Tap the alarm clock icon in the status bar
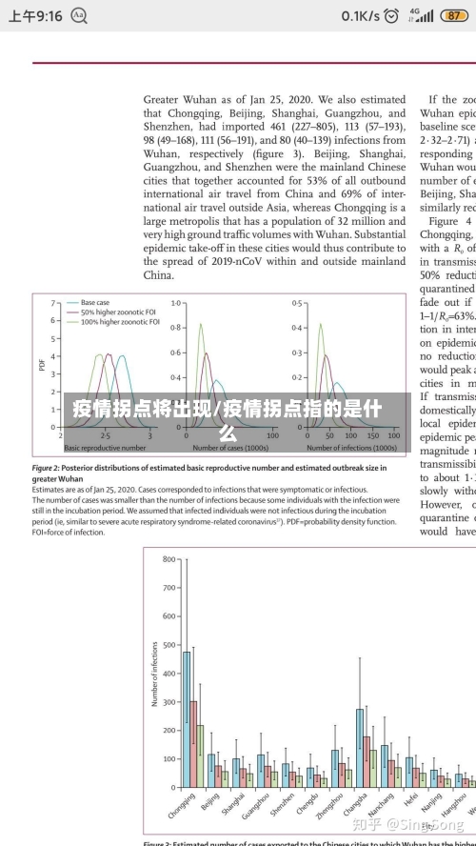point(79,16)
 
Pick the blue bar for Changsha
point(360,746)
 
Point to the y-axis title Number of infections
point(154,673)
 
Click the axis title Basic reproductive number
point(105,447)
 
